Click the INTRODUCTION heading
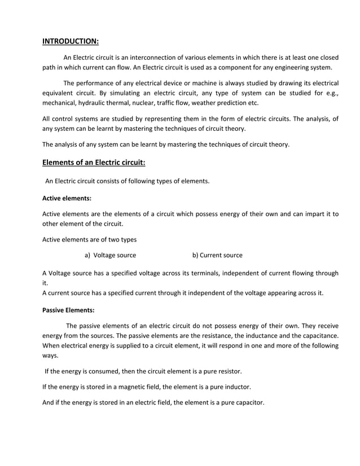coord(71,41)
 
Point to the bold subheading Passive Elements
coord(68,310)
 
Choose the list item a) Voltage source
coord(110,255)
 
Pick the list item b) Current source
coord(217,255)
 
